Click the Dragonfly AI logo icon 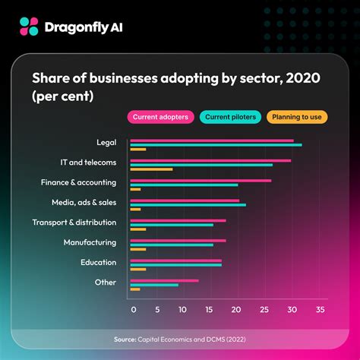click(x=29, y=27)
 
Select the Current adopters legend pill click(x=159, y=117)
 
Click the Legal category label click(x=106, y=142)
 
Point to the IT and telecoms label click(x=88, y=163)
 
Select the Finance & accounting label click(x=78, y=182)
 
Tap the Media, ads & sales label click(x=80, y=203)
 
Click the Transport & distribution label click(x=74, y=223)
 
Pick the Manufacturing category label click(x=90, y=242)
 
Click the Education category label click(x=98, y=262)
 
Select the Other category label click(x=106, y=283)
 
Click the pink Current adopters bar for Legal click(x=211, y=141)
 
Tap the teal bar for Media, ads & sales click(x=188, y=205)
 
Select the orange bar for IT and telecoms click(x=151, y=169)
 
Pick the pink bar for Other click(x=164, y=280)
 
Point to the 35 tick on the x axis click(x=321, y=310)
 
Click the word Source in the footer click(x=125, y=339)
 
